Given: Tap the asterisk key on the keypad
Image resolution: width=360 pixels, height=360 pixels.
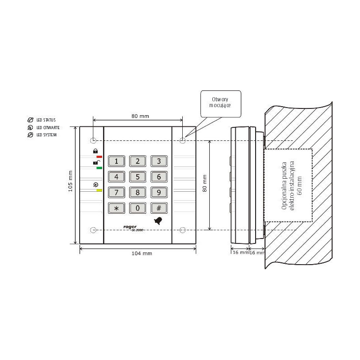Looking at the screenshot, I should [x=117, y=208].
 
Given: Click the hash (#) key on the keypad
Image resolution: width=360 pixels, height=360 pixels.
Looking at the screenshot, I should [x=158, y=208].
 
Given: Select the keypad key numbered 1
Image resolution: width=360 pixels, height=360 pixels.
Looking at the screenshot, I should [x=117, y=161].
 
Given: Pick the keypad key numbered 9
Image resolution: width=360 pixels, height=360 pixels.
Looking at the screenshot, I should [x=158, y=193].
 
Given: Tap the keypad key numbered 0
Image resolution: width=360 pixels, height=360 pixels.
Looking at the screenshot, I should [x=138, y=208].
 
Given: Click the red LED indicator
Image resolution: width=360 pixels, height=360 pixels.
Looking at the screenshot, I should [x=99, y=157].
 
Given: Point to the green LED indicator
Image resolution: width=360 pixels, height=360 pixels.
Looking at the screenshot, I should [x=99, y=168].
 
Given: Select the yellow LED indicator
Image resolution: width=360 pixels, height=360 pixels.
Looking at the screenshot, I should [x=99, y=190].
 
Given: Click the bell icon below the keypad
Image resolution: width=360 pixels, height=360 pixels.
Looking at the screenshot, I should [x=158, y=220].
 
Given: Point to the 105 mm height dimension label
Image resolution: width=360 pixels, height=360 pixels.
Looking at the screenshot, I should [x=70, y=181].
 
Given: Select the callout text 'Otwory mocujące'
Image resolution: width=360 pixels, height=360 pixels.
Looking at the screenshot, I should [x=220, y=102].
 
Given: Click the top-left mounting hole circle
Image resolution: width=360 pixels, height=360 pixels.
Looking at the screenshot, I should [x=93, y=140].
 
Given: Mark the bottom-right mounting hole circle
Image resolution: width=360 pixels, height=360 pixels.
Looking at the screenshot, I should [x=182, y=230].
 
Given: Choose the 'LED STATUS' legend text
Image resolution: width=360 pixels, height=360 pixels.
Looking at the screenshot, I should [x=46, y=120].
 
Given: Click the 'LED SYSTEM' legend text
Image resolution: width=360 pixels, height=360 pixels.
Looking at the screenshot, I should [x=46, y=135].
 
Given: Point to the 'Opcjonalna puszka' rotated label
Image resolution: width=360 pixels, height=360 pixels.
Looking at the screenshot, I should [x=284, y=185].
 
